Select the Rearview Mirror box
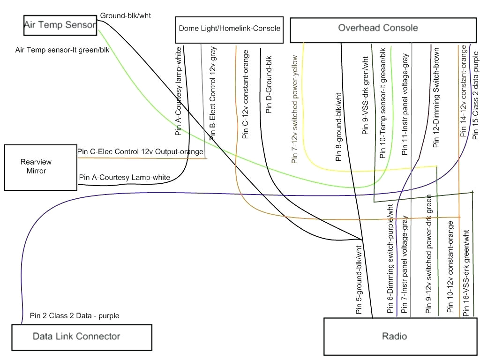40,167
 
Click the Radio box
399,337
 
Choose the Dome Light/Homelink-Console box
229,29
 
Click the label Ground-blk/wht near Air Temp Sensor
126,15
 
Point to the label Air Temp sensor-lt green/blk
62,50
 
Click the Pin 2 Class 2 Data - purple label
75,315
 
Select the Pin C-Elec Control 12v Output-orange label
140,152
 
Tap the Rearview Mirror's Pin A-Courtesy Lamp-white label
125,177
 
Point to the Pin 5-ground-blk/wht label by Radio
359,279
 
